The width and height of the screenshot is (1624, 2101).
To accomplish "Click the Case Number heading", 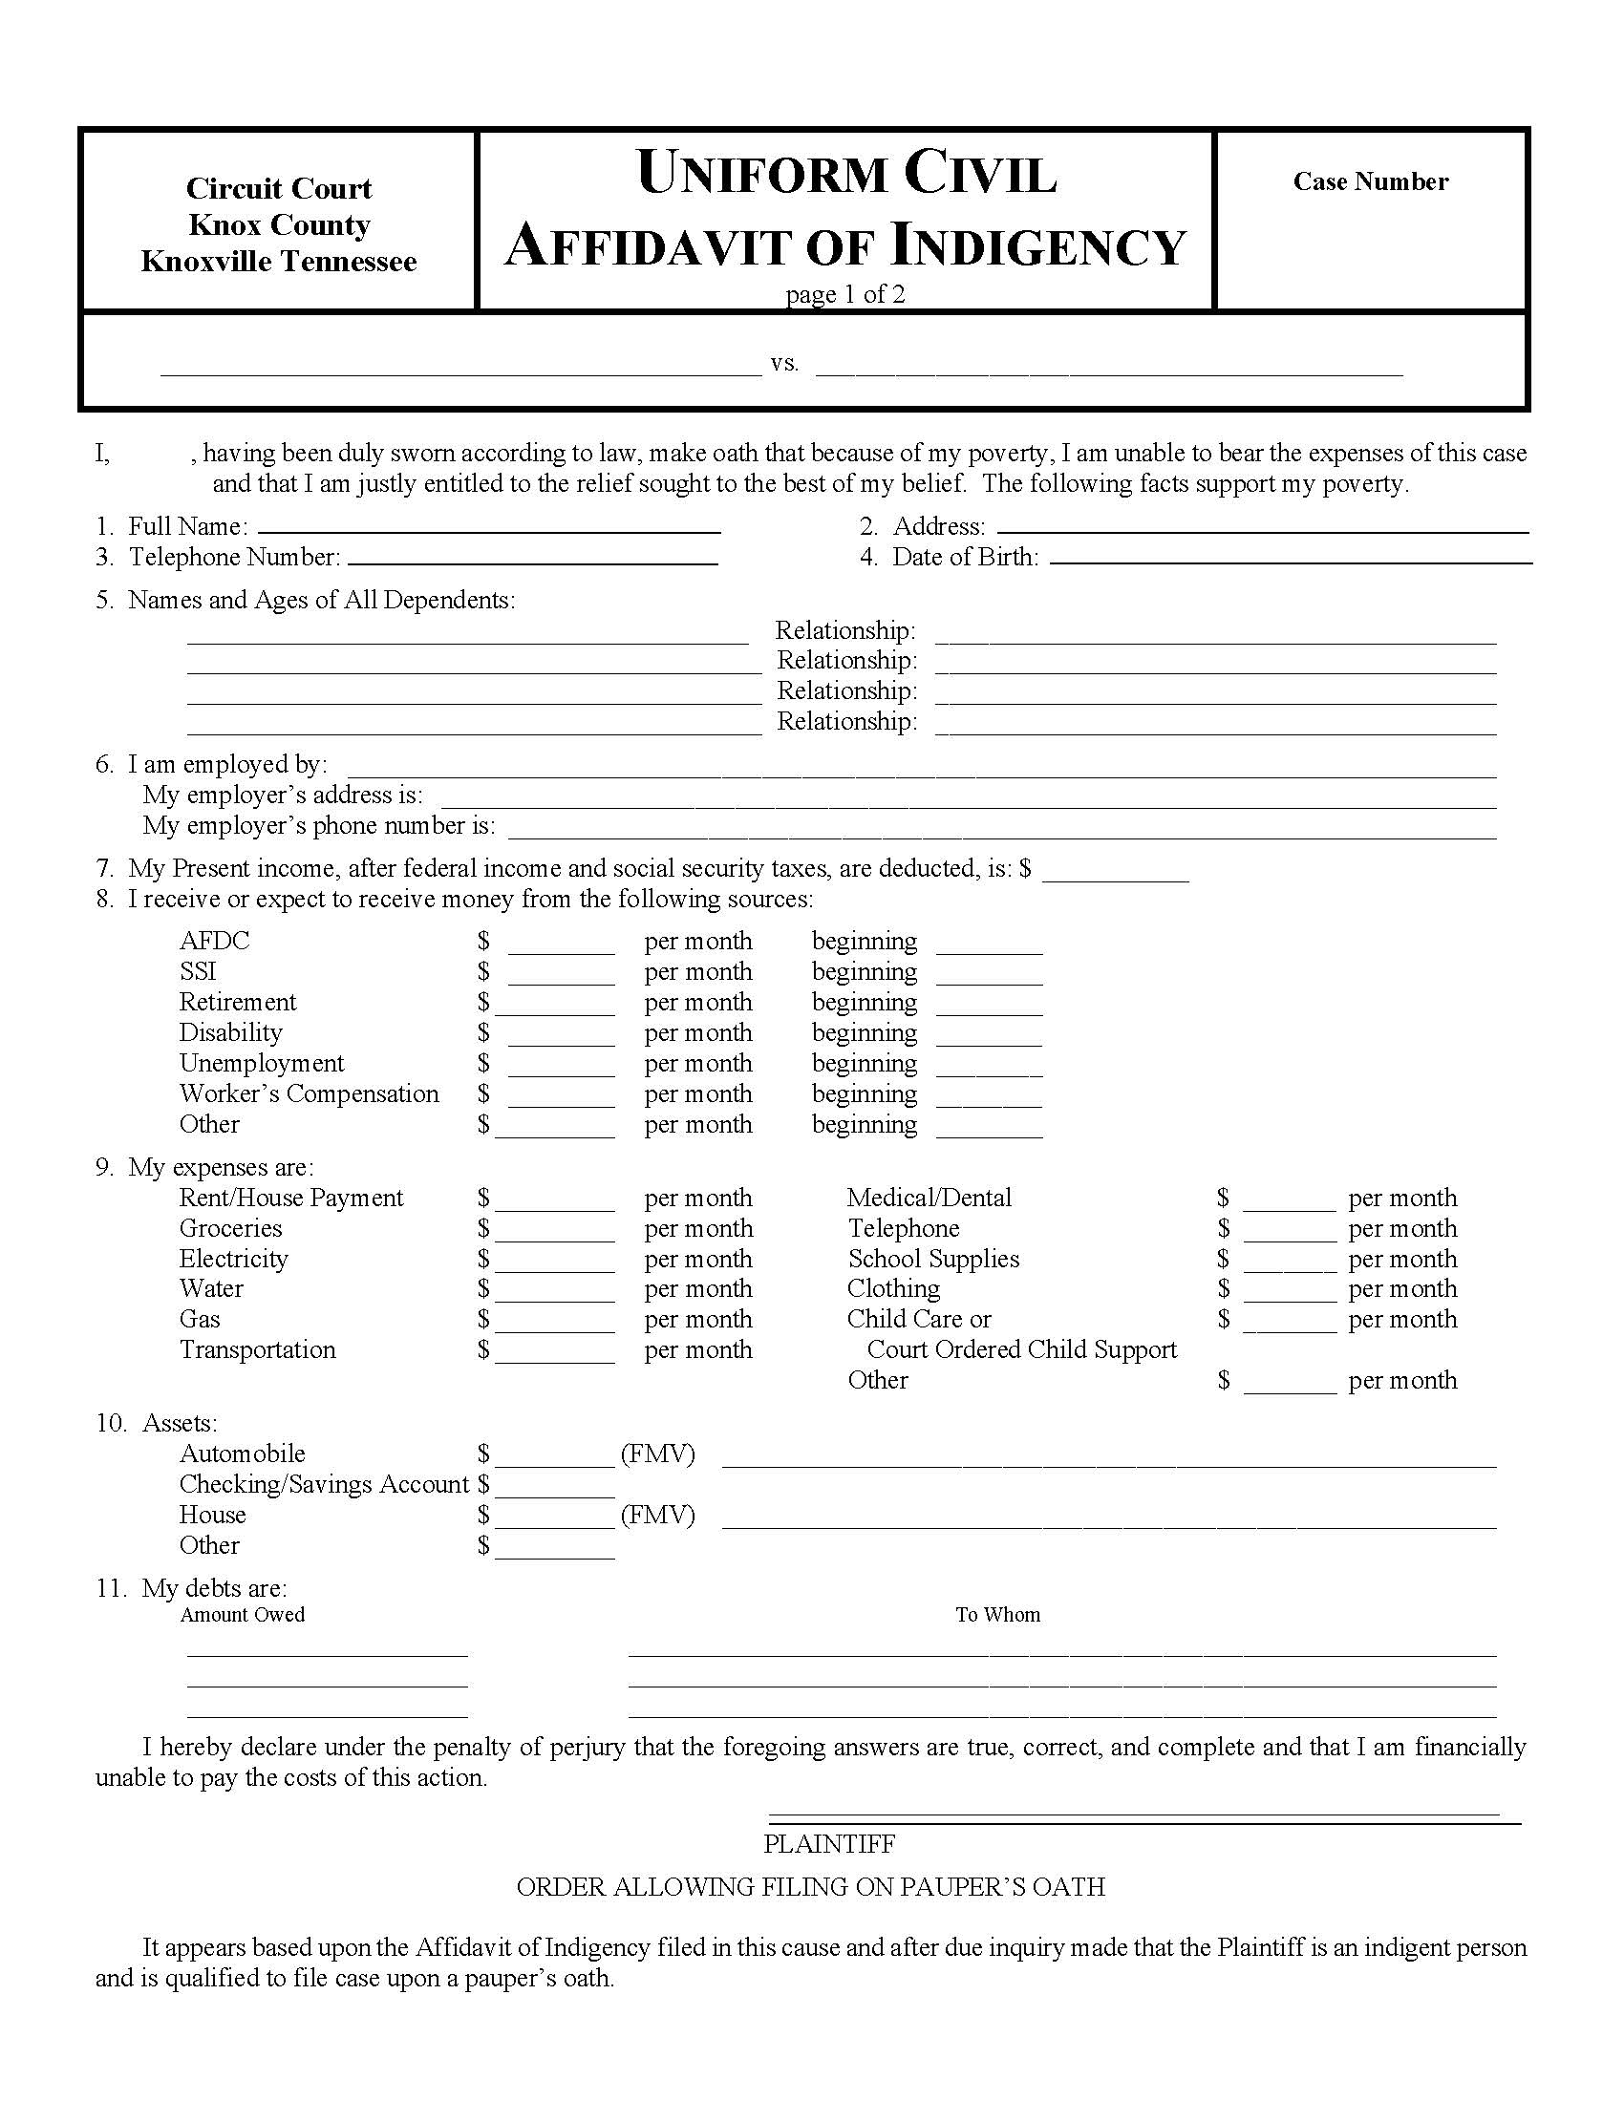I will click(1370, 181).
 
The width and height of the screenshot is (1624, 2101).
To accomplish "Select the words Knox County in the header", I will click(279, 225).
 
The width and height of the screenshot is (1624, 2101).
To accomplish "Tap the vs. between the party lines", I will click(784, 365).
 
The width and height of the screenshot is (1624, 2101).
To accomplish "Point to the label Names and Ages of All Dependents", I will click(321, 601).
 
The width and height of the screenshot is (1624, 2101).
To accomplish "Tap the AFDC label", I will click(215, 941).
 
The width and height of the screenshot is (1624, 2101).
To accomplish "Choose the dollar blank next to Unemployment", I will click(561, 1068).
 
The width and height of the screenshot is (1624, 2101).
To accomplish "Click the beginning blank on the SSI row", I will click(989, 976).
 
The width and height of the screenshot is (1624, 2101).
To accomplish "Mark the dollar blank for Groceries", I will click(555, 1233).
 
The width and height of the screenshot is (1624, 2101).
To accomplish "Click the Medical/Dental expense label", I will click(929, 1198).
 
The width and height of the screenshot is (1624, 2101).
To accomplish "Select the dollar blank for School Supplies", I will click(1290, 1263).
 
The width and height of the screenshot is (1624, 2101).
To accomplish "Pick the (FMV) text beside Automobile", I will click(658, 1454).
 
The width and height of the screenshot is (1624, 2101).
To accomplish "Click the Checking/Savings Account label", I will click(323, 1484).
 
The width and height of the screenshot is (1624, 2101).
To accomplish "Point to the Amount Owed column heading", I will click(243, 1615).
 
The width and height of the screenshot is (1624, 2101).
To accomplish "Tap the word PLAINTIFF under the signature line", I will click(829, 1844).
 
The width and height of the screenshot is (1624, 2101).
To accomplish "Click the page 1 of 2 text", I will click(844, 294).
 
